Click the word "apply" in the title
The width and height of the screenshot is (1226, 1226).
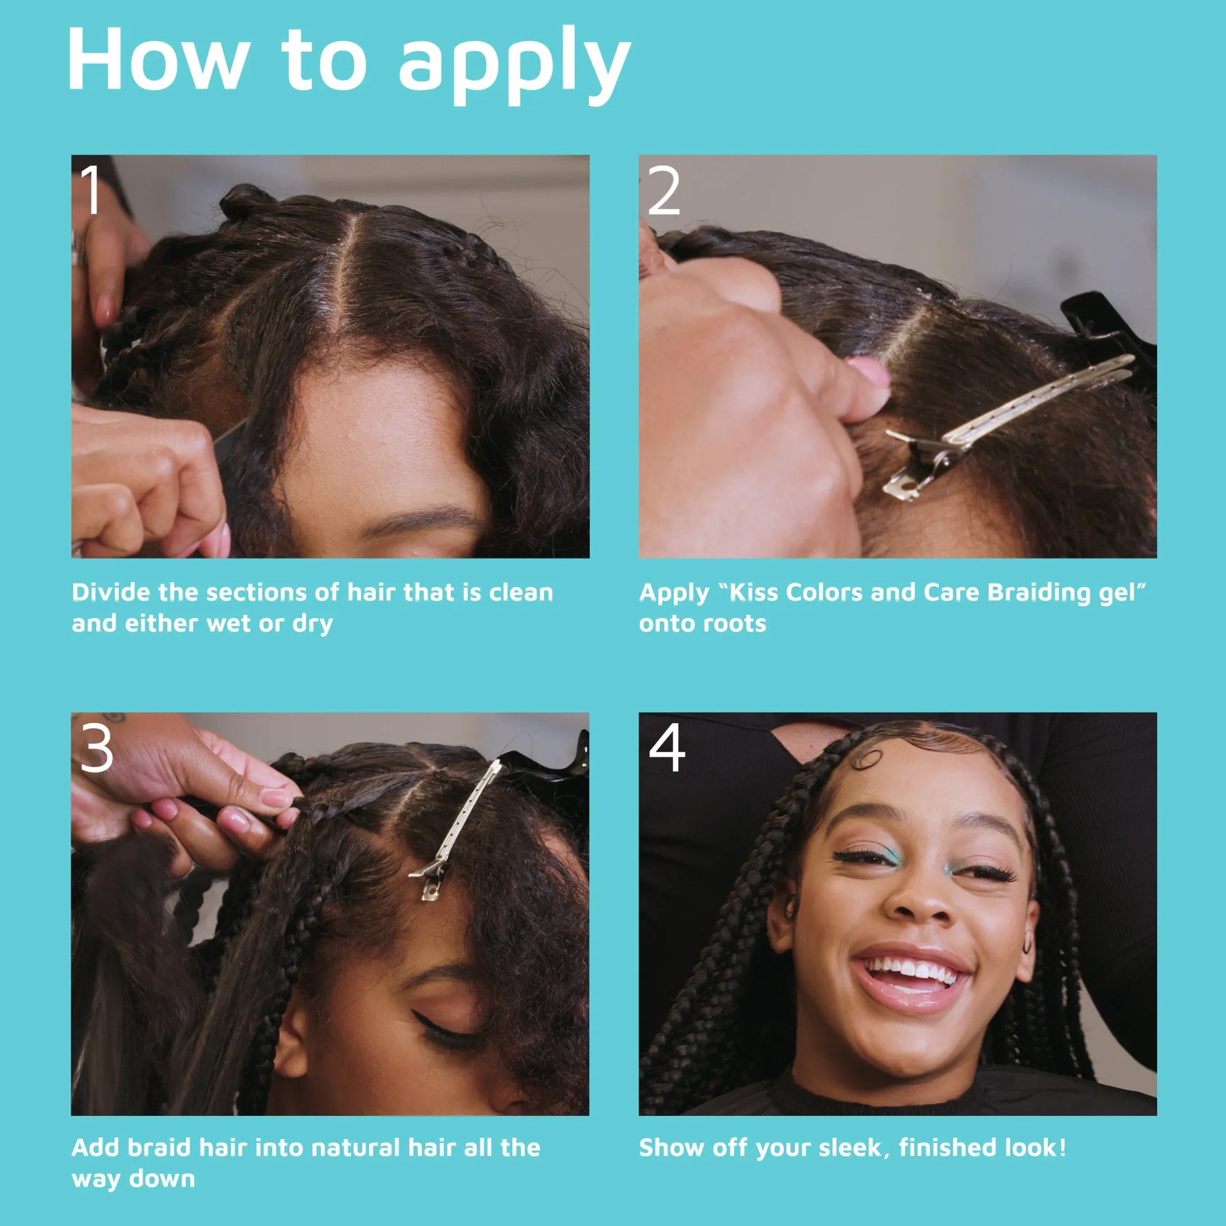click(514, 64)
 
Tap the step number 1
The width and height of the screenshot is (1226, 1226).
click(93, 189)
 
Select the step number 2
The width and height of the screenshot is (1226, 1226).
click(664, 190)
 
